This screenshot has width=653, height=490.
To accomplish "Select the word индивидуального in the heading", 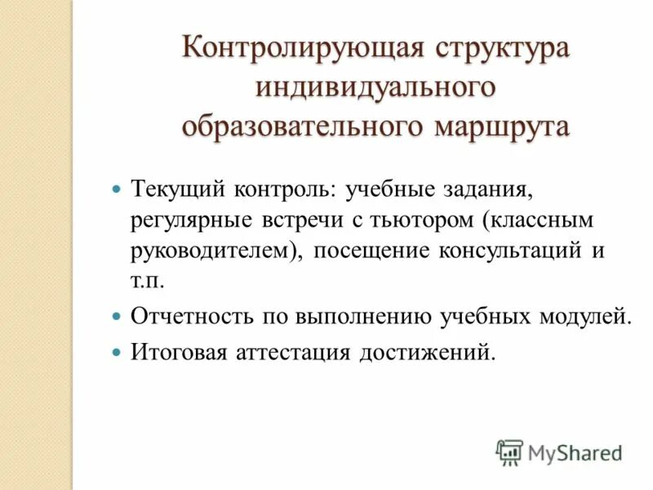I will tap(376, 87).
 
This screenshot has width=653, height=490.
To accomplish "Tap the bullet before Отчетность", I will tap(116, 314).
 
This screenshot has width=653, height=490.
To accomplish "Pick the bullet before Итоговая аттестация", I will tap(116, 352).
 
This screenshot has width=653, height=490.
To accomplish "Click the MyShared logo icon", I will tap(510, 450).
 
